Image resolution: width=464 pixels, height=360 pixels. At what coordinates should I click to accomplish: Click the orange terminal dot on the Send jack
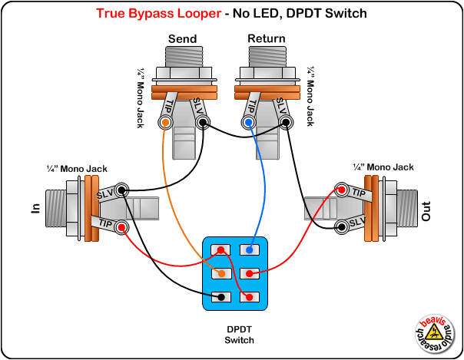[x=164, y=122]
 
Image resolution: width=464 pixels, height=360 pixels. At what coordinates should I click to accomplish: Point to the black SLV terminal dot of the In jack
[x=122, y=190]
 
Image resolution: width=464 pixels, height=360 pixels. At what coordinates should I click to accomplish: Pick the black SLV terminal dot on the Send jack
[x=201, y=122]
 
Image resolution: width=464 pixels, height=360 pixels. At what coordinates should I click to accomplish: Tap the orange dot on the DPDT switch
[x=221, y=273]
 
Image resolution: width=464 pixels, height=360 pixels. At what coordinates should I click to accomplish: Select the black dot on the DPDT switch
[x=221, y=296]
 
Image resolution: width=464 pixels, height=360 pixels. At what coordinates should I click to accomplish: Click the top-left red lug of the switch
[x=221, y=249]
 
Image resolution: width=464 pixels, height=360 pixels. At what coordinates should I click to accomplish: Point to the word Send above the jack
[x=182, y=38]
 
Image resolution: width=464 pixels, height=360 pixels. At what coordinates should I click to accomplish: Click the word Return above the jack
[x=267, y=38]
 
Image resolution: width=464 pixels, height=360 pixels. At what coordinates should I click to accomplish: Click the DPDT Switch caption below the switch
[x=239, y=334]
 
